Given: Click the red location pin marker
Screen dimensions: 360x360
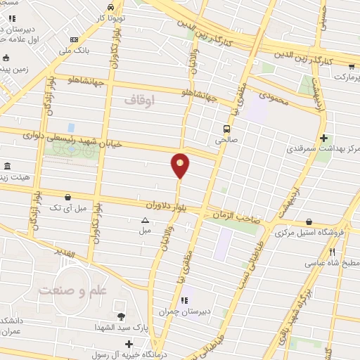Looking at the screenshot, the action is [x=180, y=165].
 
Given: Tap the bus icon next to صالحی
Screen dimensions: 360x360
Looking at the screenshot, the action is [x=226, y=129].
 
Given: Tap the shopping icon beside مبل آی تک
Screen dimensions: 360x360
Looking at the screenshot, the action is [x=67, y=198].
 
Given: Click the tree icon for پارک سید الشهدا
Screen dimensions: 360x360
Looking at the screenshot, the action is [x=121, y=316].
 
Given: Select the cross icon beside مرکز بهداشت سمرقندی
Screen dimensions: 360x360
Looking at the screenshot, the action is [x=323, y=138].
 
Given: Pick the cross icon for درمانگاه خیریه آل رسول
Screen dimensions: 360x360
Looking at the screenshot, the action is [x=128, y=344].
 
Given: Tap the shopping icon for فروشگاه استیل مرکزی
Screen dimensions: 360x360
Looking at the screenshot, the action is [x=309, y=222].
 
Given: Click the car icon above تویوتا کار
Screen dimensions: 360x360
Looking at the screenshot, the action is [x=110, y=6].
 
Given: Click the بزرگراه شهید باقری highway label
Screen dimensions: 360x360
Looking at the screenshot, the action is [x=299, y=306].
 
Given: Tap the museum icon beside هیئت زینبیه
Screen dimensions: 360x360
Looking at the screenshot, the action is [x=7, y=167].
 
